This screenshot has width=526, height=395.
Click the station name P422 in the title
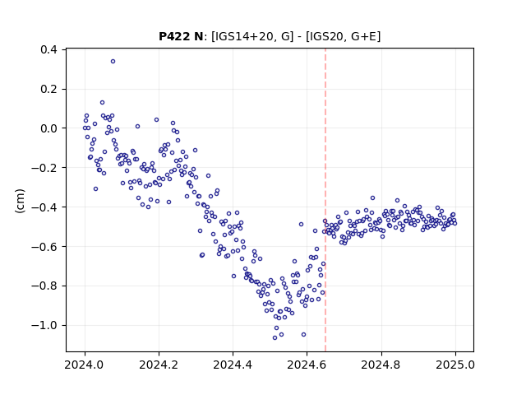(x=175, y=36)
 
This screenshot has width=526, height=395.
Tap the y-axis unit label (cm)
(x=20, y=201)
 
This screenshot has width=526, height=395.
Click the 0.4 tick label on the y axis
(x=49, y=49)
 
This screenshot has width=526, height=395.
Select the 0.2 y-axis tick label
(x=49, y=89)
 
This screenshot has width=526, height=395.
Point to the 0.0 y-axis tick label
(x=49, y=128)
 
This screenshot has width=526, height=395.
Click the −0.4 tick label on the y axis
(x=44, y=207)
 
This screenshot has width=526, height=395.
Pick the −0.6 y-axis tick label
(x=44, y=247)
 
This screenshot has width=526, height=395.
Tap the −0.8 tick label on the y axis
(x=44, y=286)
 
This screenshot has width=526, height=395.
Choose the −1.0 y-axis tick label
(x=44, y=325)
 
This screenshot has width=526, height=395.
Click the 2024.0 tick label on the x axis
(x=85, y=365)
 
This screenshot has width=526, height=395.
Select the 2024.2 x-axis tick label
(x=159, y=365)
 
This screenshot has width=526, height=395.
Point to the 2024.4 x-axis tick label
(x=233, y=365)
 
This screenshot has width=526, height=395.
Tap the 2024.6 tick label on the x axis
(x=307, y=365)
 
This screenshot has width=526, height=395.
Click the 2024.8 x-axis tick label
(x=381, y=365)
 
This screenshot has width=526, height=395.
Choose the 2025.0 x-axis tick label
(x=455, y=365)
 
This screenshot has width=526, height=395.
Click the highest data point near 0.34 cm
(x=113, y=62)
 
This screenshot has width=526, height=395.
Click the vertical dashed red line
(x=325, y=200)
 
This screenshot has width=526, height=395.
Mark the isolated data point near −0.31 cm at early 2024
(x=95, y=189)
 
